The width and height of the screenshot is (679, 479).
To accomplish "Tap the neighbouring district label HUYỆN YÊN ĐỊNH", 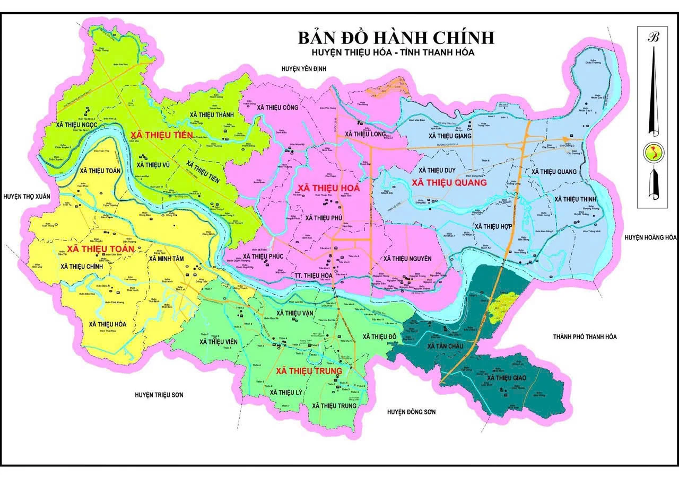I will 303,69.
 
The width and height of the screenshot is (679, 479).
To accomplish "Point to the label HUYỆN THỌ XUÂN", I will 27,196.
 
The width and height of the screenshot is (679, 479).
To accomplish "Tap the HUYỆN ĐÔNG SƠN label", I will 414,412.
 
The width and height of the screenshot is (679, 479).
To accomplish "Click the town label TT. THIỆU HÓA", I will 312,276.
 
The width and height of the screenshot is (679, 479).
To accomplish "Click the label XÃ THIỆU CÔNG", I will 277,107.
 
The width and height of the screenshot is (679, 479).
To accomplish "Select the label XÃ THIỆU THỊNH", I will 575,199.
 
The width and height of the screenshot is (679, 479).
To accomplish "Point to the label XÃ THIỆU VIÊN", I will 218,342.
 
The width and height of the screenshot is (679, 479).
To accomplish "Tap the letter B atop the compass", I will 653,37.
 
